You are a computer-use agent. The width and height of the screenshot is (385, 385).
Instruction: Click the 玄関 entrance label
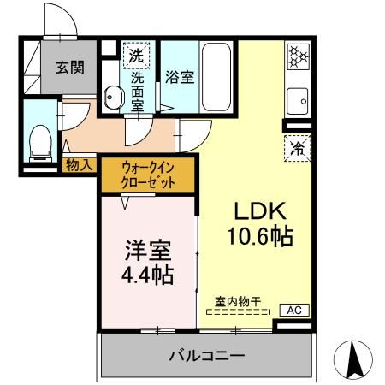click(x=69, y=68)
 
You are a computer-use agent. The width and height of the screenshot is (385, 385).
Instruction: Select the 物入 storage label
click(x=80, y=165)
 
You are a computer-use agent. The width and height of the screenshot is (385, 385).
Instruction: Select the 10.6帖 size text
click(x=258, y=235)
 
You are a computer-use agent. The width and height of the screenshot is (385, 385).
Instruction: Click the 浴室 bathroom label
click(x=179, y=77)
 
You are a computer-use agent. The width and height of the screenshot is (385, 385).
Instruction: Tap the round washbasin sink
click(x=115, y=98)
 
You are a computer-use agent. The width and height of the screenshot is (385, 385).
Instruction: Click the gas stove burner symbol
click(x=298, y=56)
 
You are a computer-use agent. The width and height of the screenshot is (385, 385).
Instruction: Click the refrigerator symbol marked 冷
click(x=298, y=148)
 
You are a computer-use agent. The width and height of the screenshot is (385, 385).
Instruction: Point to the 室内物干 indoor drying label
click(x=239, y=301)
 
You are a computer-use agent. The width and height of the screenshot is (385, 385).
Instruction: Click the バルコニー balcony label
click(x=206, y=354)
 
